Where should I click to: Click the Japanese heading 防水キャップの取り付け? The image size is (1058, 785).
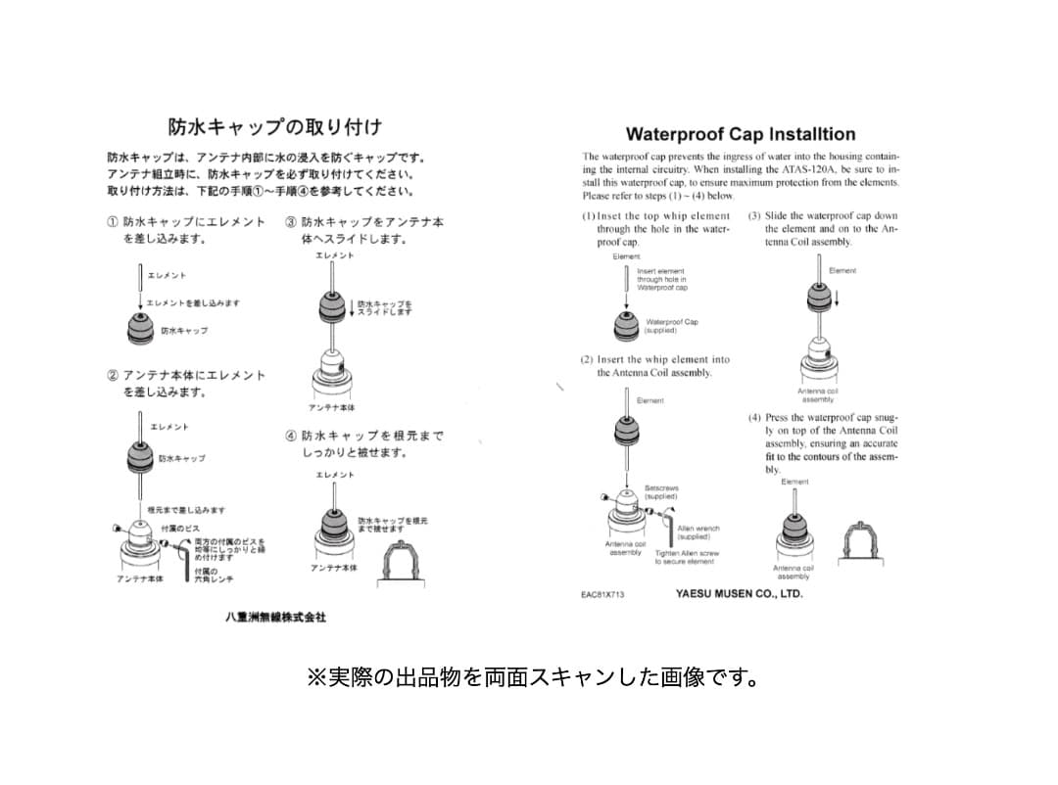(x=275, y=126)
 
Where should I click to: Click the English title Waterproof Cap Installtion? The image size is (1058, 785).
(x=740, y=134)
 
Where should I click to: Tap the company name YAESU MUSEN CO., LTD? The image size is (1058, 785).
(x=739, y=593)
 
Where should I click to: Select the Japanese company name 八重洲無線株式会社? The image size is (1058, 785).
(x=275, y=618)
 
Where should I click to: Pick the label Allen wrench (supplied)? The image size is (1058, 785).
(x=697, y=532)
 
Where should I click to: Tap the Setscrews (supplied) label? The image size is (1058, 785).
(x=661, y=492)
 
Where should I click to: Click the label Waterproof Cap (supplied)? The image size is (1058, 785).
(x=671, y=326)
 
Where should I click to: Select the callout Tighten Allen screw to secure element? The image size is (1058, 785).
(x=687, y=557)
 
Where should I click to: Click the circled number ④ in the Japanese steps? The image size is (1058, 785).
(x=291, y=437)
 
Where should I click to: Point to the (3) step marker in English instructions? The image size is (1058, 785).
(x=754, y=216)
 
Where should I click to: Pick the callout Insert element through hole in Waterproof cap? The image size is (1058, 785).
(x=662, y=280)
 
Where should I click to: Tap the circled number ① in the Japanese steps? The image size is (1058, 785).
(x=113, y=222)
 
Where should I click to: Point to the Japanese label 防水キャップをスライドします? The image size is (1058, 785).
(x=384, y=307)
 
